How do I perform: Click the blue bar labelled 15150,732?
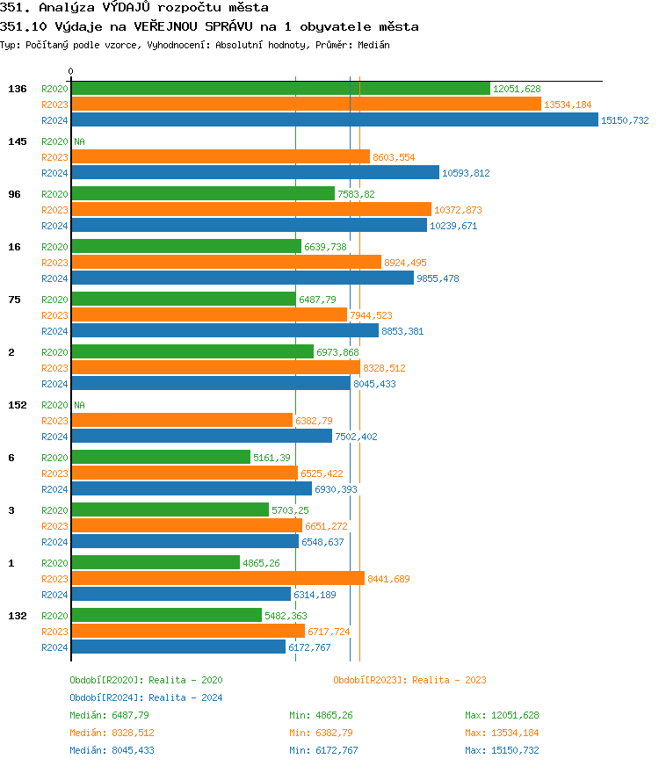click(334, 120)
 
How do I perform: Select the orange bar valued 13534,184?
click(306, 105)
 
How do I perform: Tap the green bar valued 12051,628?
click(280, 89)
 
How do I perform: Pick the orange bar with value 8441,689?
click(217, 579)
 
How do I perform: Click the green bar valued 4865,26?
click(155, 563)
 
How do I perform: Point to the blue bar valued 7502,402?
click(201, 437)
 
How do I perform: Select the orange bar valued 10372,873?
click(250, 210)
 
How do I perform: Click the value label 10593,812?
click(466, 173)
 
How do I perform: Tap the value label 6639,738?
click(326, 247)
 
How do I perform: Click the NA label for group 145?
click(79, 141)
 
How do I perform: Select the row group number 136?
click(18, 89)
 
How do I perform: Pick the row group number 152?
click(18, 405)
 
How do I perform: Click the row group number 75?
click(14, 300)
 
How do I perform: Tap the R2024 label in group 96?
click(54, 226)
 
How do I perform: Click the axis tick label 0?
click(71, 71)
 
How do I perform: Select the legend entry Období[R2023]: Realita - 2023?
click(409, 680)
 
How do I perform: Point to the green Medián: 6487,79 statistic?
click(109, 715)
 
